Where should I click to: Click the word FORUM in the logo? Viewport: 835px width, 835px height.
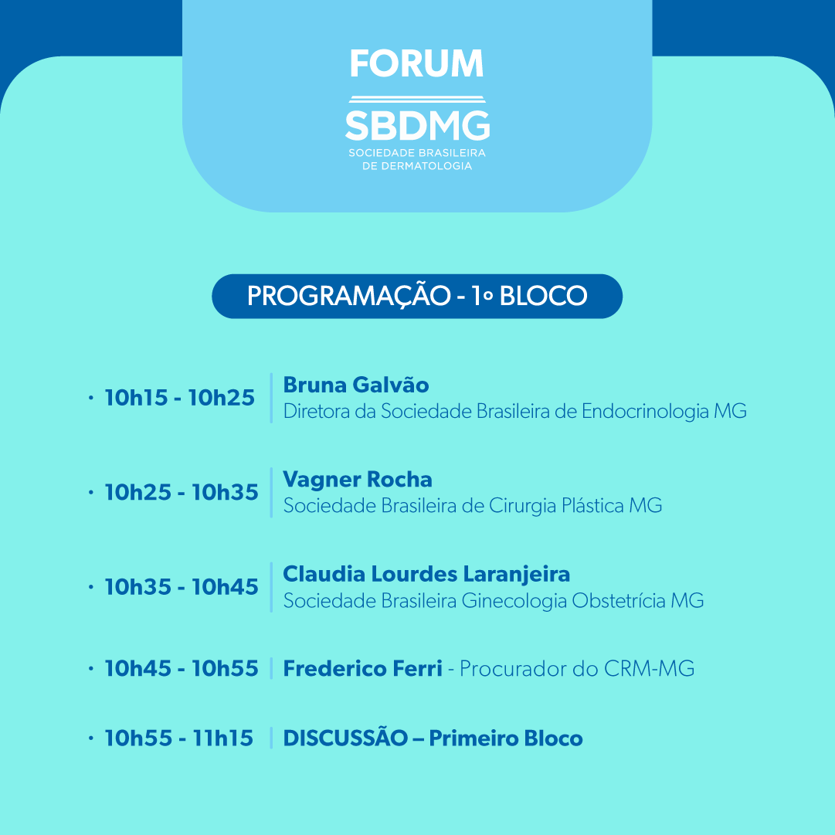pyautogui.click(x=416, y=63)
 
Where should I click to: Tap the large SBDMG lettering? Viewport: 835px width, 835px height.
pyautogui.click(x=417, y=126)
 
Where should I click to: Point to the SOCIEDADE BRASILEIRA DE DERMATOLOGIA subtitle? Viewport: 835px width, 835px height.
pyautogui.click(x=417, y=159)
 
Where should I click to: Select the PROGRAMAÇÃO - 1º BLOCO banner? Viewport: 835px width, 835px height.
pyautogui.click(x=417, y=296)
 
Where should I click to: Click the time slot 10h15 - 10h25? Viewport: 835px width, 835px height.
pyautogui.click(x=179, y=398)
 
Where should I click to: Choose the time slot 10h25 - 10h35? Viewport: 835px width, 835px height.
pyautogui.click(x=182, y=492)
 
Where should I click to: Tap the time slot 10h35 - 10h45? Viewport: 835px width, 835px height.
pyautogui.click(x=182, y=587)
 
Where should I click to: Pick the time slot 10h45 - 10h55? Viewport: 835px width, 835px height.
pyautogui.click(x=182, y=668)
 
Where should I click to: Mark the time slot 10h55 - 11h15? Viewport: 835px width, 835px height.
pyautogui.click(x=179, y=738)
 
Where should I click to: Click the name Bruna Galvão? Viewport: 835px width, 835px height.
pyautogui.click(x=356, y=385)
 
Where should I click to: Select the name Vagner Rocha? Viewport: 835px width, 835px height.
pyautogui.click(x=358, y=479)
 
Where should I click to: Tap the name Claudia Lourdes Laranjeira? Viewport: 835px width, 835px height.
pyautogui.click(x=426, y=574)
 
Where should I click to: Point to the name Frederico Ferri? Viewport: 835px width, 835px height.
pyautogui.click(x=362, y=668)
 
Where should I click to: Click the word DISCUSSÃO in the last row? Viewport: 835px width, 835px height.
pyautogui.click(x=345, y=738)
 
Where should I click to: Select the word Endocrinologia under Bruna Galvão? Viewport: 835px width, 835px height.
pyautogui.click(x=645, y=412)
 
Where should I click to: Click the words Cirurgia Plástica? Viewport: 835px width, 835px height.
pyautogui.click(x=556, y=506)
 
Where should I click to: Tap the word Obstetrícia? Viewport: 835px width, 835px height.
pyautogui.click(x=619, y=601)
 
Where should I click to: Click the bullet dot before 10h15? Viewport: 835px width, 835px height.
pyautogui.click(x=91, y=398)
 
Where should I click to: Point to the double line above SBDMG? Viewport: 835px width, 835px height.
pyautogui.click(x=417, y=99)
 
